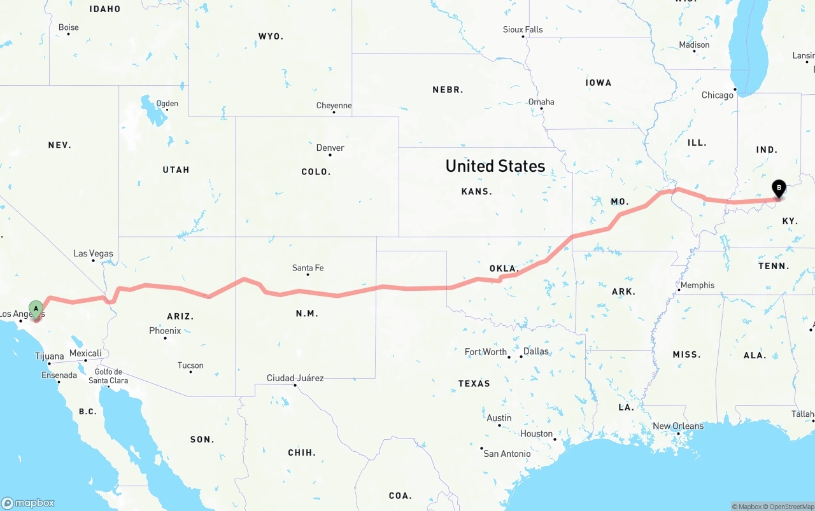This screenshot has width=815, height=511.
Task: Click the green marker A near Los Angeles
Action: click(36, 309)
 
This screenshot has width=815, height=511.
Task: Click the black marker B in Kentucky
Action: click(779, 188)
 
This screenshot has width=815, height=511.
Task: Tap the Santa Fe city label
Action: click(308, 268)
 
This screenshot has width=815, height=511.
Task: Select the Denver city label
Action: click(330, 148)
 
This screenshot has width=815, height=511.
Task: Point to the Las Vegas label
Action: click(93, 253)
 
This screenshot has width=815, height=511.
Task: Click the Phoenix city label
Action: click(165, 331)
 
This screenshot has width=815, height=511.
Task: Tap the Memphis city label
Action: click(697, 285)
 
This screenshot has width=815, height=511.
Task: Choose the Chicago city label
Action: click(718, 95)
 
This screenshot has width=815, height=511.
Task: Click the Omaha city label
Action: click(541, 102)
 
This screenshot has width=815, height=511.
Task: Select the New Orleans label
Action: click(678, 426)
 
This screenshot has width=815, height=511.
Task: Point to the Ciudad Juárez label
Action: click(295, 378)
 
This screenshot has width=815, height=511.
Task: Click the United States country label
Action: click(495, 166)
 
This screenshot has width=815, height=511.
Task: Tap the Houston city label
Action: click(536, 434)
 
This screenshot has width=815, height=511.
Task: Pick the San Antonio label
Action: click(507, 454)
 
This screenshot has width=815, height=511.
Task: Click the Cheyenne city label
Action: click(334, 106)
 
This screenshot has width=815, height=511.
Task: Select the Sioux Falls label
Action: click(523, 29)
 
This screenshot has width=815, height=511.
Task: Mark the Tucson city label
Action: click(190, 365)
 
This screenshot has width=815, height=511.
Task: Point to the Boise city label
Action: click(68, 27)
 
